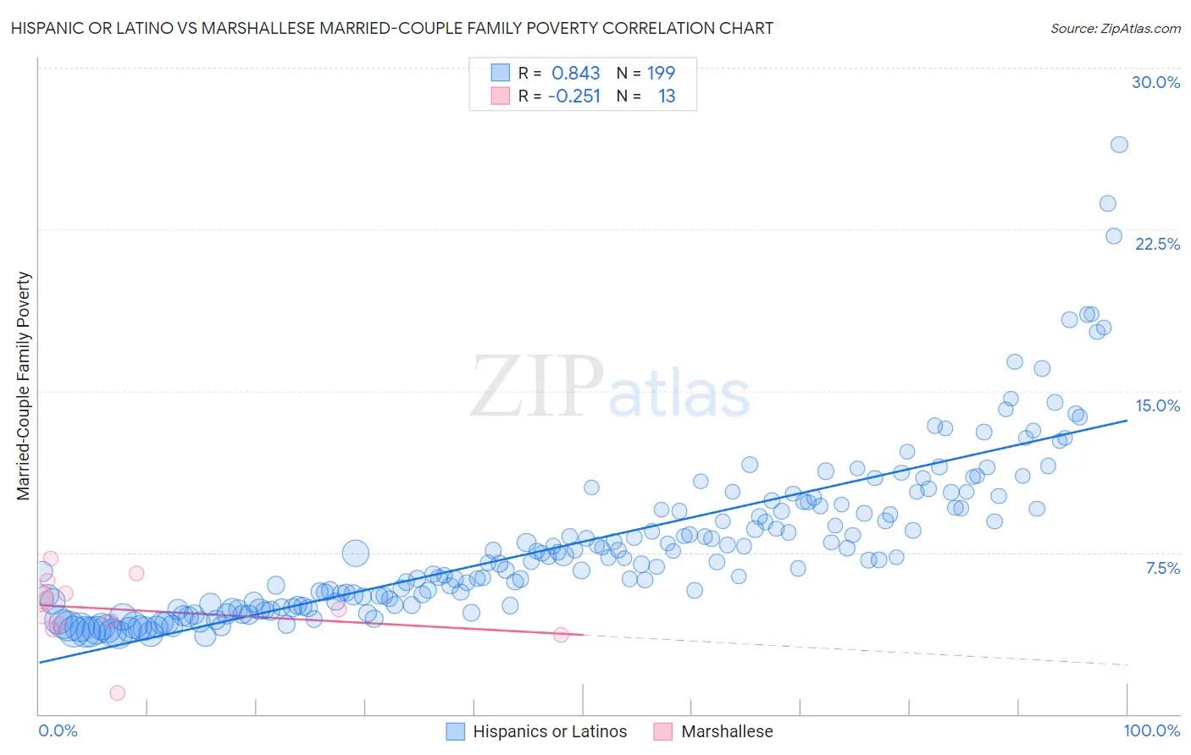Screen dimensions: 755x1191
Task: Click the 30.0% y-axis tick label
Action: click(x=1155, y=82)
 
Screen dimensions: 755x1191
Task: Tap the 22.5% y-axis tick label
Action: click(x=1157, y=244)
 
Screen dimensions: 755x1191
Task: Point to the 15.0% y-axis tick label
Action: click(x=1157, y=405)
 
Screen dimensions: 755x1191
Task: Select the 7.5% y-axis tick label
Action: click(x=1162, y=568)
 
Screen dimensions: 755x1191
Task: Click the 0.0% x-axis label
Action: click(x=58, y=730)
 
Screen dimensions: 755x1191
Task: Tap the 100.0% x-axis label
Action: click(x=1151, y=730)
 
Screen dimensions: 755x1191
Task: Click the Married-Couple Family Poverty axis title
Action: click(x=24, y=385)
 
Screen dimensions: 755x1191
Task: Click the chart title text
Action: click(x=391, y=28)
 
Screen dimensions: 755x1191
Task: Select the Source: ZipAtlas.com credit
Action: click(x=1115, y=28)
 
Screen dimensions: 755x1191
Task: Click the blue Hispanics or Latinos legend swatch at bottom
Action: click(x=456, y=731)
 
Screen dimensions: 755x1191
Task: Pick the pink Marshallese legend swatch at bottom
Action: click(x=663, y=731)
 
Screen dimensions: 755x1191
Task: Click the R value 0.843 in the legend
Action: click(x=575, y=73)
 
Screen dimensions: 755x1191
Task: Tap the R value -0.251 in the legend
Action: click(x=573, y=96)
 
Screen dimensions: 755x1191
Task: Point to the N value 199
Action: click(x=661, y=73)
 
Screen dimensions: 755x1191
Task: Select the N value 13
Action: click(x=667, y=96)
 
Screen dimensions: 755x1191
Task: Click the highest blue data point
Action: click(x=1119, y=145)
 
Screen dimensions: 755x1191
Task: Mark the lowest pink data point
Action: click(x=118, y=692)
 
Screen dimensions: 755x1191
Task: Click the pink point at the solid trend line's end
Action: click(x=561, y=634)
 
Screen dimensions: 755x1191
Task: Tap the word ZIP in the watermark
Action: click(x=537, y=387)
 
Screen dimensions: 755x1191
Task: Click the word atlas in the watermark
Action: click(x=679, y=394)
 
